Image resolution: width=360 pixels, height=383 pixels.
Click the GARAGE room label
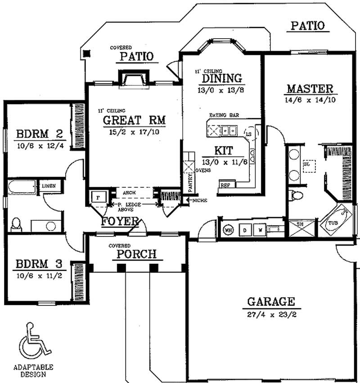click(270, 301)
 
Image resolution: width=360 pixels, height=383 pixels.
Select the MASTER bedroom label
click(310, 88)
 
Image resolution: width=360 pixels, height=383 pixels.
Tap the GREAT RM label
click(135, 120)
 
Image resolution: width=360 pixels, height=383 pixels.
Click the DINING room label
click(221, 78)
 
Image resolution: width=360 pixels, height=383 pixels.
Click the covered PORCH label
click(136, 254)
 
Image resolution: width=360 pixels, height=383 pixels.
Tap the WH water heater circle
click(229, 230)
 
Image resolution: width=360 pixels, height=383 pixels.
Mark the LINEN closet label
click(48, 185)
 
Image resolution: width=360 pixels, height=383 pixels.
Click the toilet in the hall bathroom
click(16, 224)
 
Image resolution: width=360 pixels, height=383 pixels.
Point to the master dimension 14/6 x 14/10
click(310, 100)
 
